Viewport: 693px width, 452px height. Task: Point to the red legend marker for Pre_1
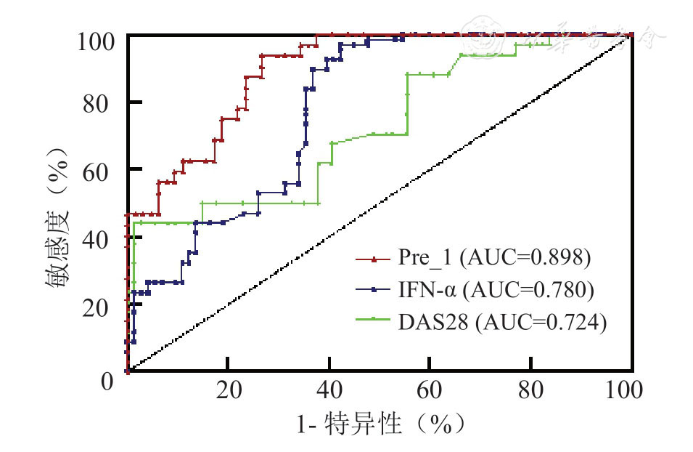tap(374, 259)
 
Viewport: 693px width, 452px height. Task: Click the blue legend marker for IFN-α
tap(374, 290)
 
